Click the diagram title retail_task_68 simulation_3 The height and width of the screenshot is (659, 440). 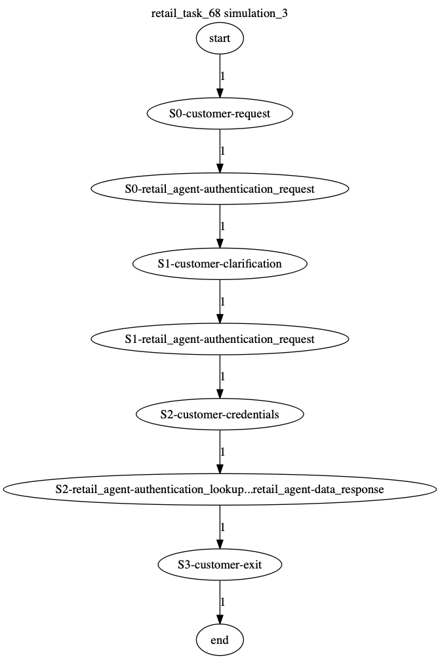220,14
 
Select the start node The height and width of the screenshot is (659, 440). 220,38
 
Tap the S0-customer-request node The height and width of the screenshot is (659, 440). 220,113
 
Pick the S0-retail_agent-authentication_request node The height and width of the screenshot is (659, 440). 220,189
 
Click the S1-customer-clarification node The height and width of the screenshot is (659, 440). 220,264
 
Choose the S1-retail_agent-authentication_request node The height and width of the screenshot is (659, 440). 220,339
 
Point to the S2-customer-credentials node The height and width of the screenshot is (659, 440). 220,414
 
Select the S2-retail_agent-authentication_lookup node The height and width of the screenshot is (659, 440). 220,490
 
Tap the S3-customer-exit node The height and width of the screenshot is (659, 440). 220,565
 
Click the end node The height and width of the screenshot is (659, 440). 220,640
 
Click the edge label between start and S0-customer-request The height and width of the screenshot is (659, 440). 223,76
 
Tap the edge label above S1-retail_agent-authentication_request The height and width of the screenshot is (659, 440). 223,302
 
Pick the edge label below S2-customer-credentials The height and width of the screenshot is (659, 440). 223,452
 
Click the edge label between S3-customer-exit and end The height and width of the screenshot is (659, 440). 223,603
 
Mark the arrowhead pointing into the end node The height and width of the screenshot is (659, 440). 220,620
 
